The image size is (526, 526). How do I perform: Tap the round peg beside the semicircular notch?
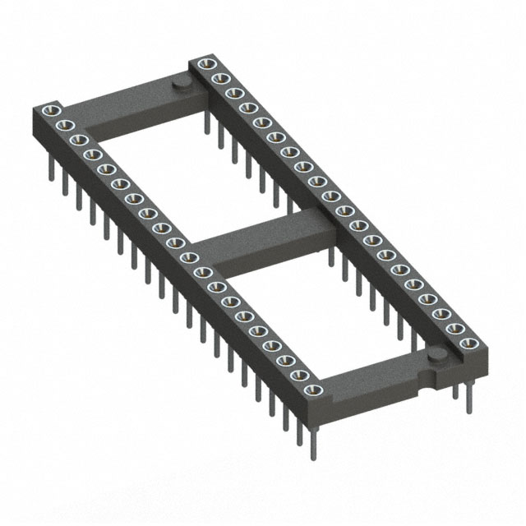[438, 354]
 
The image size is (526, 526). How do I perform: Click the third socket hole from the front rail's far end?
[76, 140]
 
